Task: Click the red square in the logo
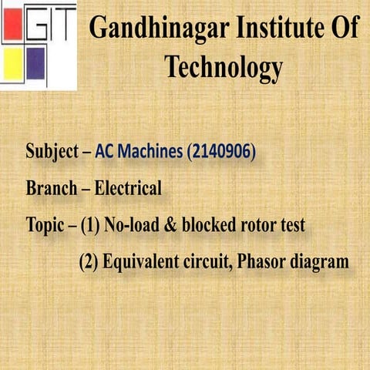click(x=14, y=26)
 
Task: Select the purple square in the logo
click(x=35, y=65)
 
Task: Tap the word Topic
click(x=44, y=227)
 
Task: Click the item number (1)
click(x=90, y=226)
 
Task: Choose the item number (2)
click(x=90, y=263)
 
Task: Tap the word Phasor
click(x=262, y=263)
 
